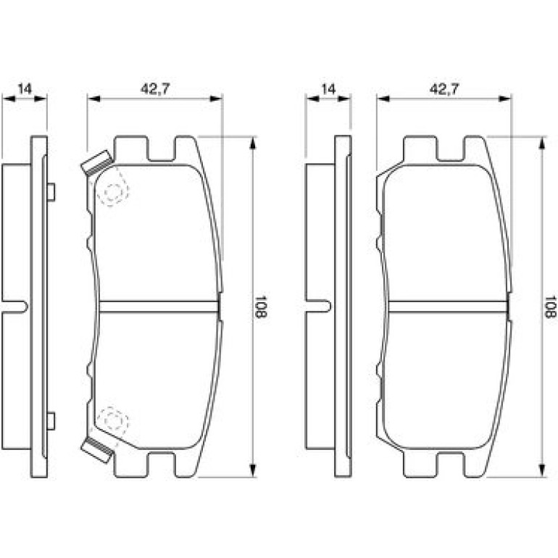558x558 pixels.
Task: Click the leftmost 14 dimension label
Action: (25, 88)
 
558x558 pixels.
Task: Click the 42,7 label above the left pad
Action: (155, 88)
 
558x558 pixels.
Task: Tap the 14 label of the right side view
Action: (328, 88)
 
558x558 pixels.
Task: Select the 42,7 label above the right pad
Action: (444, 88)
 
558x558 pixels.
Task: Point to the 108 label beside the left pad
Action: (261, 307)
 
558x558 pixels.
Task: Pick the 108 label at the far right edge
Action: (550, 307)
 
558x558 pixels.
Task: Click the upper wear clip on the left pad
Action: (97, 163)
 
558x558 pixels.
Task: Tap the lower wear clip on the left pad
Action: (97, 450)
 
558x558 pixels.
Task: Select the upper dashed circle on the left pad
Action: (114, 193)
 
